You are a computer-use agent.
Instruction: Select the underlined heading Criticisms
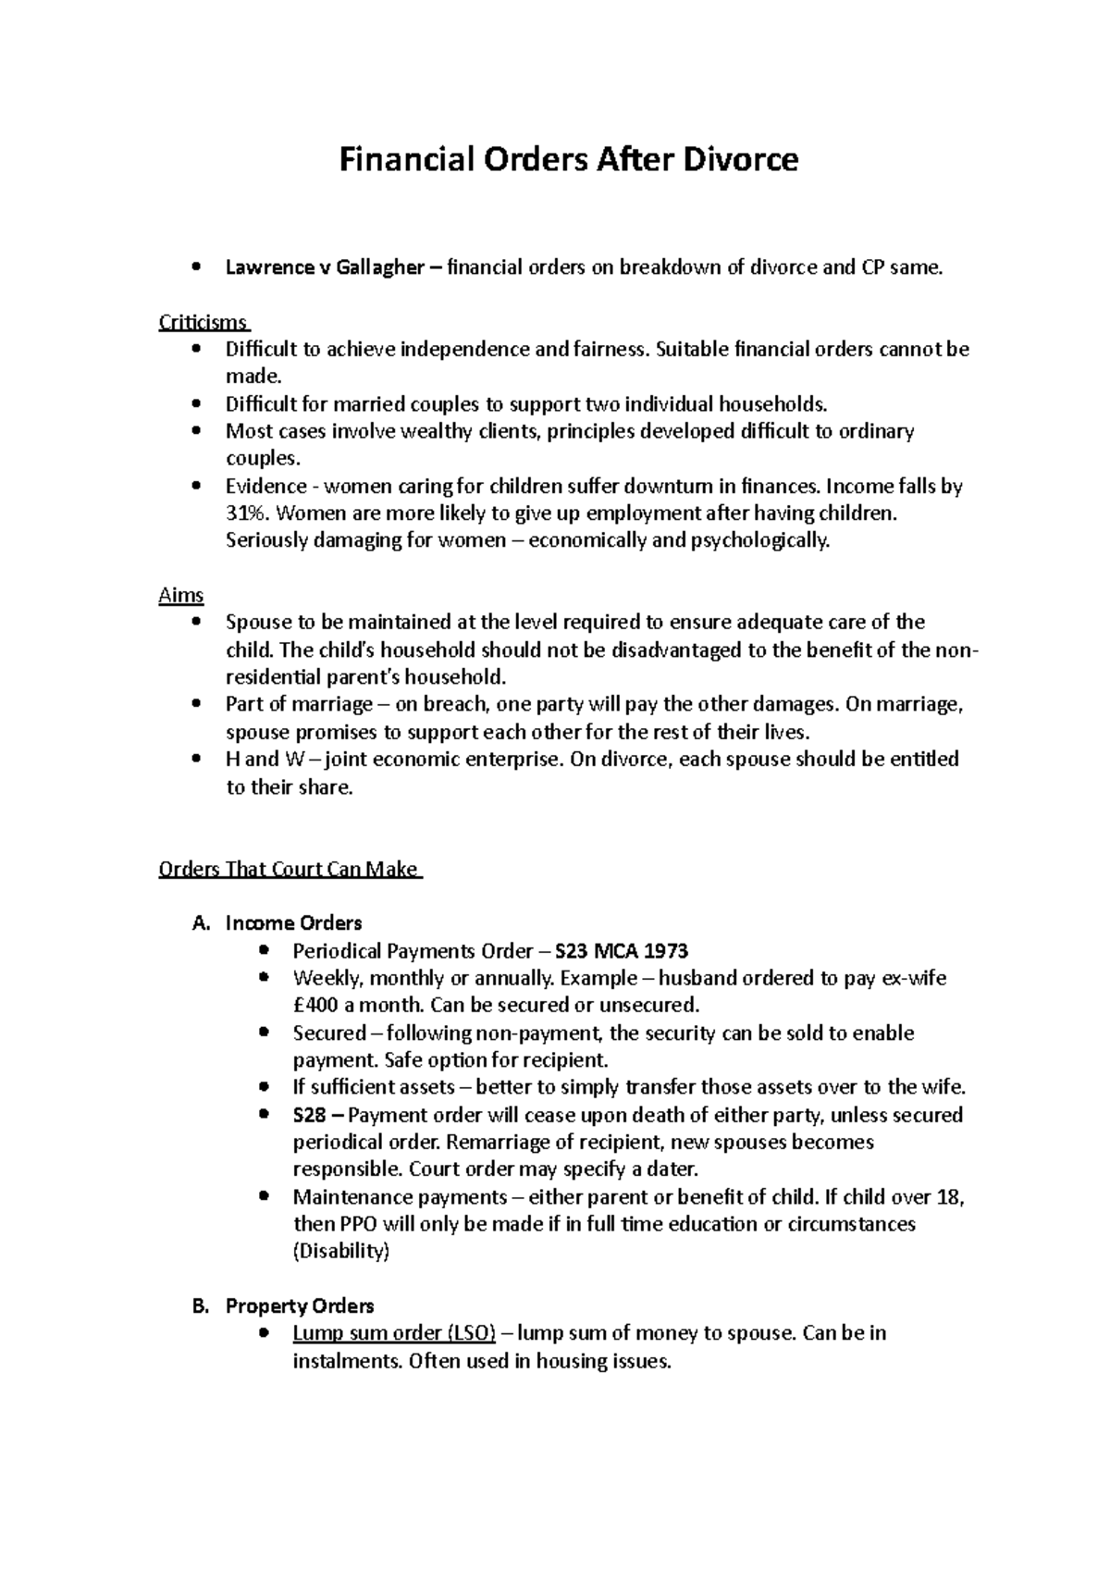tap(203, 323)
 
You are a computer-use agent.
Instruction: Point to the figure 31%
tap(245, 513)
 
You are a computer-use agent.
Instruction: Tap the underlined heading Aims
tap(181, 595)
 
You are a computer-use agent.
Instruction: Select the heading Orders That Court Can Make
tap(289, 870)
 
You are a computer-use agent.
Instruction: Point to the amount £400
tap(316, 1006)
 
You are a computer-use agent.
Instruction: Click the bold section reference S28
tap(309, 1115)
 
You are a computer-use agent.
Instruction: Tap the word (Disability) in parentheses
tap(340, 1252)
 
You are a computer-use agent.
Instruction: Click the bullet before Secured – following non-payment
tap(265, 1033)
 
